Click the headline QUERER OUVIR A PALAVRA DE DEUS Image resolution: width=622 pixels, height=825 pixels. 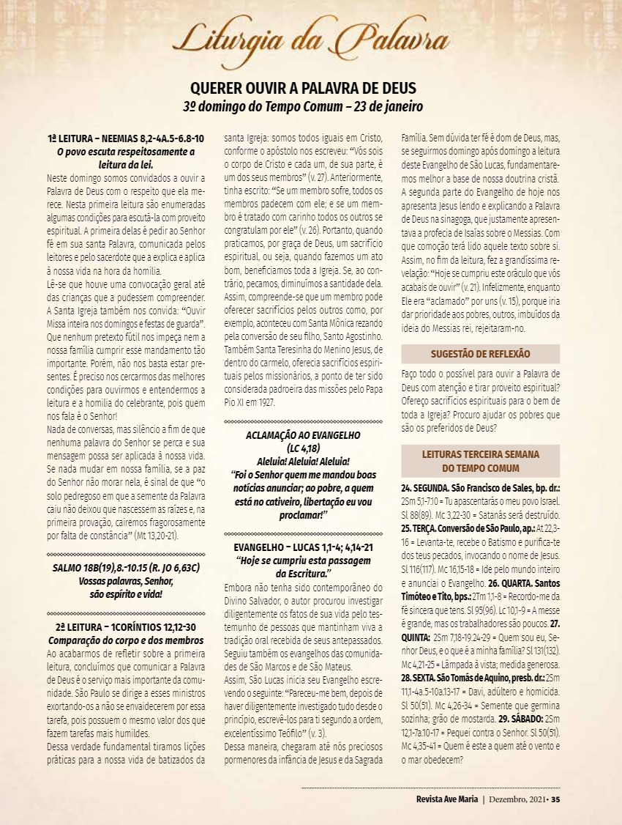pos(303,88)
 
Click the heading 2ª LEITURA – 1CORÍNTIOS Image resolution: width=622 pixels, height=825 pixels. pos(125,627)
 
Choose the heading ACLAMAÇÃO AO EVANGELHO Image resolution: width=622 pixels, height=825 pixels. pos(303,434)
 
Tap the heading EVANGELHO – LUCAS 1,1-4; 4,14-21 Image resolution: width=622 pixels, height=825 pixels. pos(303,547)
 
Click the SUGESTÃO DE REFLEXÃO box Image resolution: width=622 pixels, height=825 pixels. pos(481,355)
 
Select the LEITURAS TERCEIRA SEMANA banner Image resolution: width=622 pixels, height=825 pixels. pos(481,461)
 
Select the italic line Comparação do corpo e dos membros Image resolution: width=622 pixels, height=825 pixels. pos(125,640)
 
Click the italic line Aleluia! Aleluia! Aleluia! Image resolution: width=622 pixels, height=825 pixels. pos(303,461)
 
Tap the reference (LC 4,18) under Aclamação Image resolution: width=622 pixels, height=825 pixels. pos(303,447)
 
